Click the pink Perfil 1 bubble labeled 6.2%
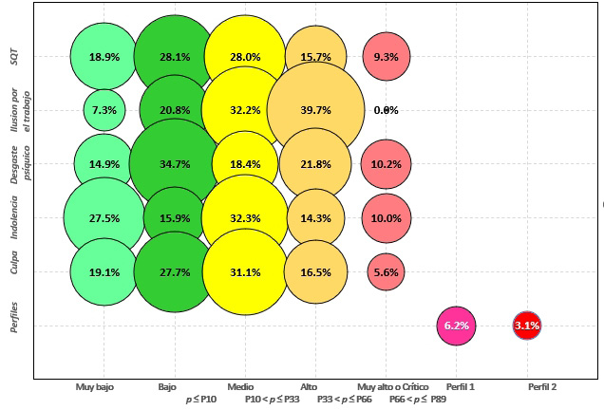(456, 326)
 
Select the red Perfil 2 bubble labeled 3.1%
(526, 326)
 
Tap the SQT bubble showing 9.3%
(386, 57)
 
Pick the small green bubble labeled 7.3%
(104, 110)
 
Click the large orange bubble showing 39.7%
(316, 110)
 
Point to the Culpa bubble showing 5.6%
(386, 271)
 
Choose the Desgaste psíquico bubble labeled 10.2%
(386, 163)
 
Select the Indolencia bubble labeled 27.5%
(104, 217)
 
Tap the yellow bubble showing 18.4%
(245, 163)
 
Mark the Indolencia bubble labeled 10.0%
(386, 217)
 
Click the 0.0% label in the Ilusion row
(386, 110)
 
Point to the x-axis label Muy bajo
(97, 387)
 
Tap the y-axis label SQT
(14, 57)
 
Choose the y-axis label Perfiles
(14, 326)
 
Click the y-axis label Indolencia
(14, 217)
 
